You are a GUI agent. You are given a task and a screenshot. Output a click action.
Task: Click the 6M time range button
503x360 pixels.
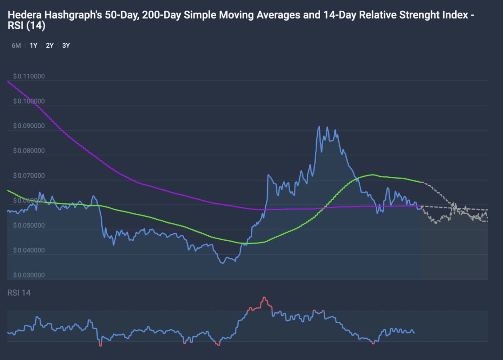coord(16,45)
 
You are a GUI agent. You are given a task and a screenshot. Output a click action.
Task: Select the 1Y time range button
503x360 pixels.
coord(33,45)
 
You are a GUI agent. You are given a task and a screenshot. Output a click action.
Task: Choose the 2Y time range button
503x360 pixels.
coord(50,45)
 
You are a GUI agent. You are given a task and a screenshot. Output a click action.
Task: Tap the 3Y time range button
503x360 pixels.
coord(66,45)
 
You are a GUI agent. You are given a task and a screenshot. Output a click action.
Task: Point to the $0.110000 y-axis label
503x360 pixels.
coord(29,76)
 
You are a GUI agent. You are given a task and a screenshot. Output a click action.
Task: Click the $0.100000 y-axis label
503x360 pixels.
coord(29,101)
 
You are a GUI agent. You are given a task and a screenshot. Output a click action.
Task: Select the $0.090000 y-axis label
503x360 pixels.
coord(29,126)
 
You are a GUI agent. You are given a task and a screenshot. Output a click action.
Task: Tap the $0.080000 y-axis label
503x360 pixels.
coord(29,151)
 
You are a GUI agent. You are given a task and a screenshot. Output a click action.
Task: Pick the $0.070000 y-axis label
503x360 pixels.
coord(29,175)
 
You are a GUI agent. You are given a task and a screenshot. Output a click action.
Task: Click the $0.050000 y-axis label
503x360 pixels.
coord(29,225)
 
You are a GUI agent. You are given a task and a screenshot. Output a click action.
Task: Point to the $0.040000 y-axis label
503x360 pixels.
coord(29,250)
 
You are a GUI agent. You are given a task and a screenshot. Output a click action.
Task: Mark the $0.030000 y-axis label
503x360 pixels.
coord(29,275)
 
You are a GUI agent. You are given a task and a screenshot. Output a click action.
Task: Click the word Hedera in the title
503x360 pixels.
coord(23,15)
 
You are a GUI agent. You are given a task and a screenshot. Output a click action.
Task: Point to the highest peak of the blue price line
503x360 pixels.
coord(319,126)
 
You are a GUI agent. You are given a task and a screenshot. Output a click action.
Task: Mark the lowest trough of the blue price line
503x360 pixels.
coord(223,263)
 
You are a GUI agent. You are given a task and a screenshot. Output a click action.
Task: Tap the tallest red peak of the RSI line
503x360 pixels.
coord(264,297)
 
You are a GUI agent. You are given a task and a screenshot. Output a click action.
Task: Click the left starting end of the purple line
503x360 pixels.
coord(8,81)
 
